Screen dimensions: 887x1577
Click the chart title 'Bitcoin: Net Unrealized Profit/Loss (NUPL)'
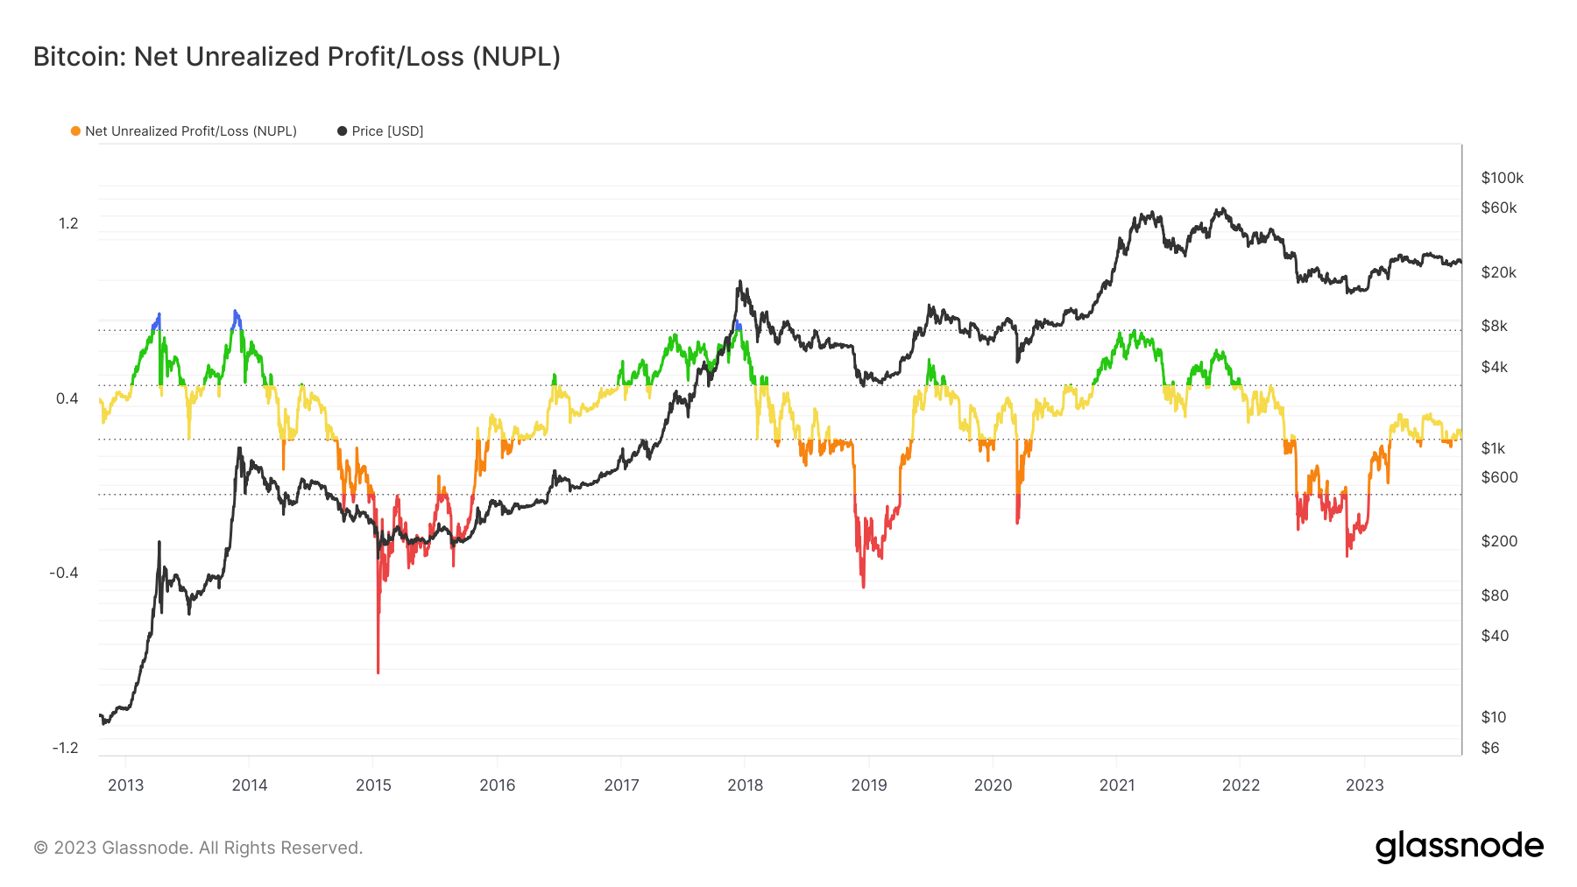(296, 57)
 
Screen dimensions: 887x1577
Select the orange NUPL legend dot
(75, 131)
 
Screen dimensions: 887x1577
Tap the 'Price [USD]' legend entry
(386, 131)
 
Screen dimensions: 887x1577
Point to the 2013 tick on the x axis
(125, 785)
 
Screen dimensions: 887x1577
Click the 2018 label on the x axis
(745, 785)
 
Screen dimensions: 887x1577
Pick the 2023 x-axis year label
(1364, 785)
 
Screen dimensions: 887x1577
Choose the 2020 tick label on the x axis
(993, 785)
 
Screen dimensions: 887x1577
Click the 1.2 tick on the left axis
(68, 223)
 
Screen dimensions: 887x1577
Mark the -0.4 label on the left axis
(64, 573)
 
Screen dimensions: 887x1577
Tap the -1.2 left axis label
(65, 747)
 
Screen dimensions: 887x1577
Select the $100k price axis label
(1502, 178)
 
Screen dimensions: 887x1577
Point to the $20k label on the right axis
(1498, 272)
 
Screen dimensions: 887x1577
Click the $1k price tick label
(1493, 448)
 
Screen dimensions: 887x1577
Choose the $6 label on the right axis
(1489, 747)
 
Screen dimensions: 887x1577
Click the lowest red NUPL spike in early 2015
(378, 671)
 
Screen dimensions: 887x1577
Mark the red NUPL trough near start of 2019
(863, 585)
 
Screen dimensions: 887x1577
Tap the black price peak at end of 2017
(739, 282)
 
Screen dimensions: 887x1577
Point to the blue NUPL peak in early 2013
(159, 314)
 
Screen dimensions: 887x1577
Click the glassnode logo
(1459, 847)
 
